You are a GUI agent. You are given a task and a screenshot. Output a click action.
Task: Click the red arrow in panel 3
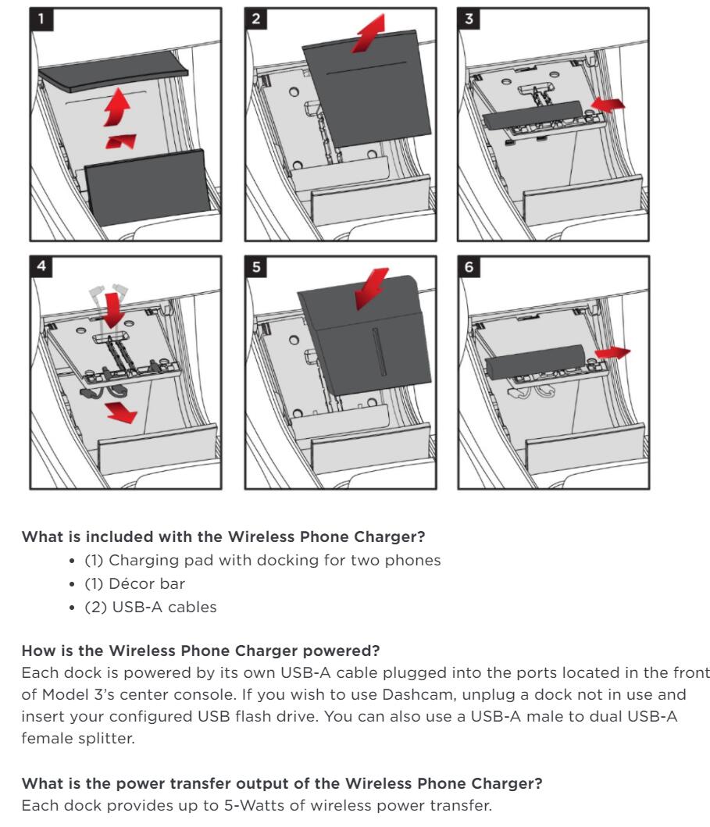click(609, 105)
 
